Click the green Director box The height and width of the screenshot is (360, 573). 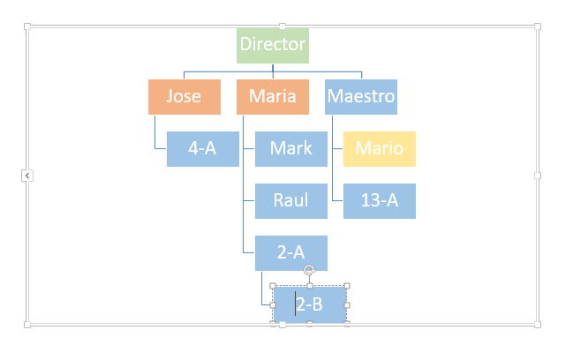(x=273, y=46)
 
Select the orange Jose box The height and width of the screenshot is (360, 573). (x=185, y=97)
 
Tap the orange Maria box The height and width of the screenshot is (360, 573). (x=273, y=97)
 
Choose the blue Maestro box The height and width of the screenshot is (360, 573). (x=361, y=97)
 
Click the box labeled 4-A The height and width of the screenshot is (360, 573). (x=203, y=149)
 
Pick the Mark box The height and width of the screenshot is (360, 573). (x=291, y=149)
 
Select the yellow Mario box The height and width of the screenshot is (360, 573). (x=380, y=149)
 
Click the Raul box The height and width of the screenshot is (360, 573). (x=291, y=201)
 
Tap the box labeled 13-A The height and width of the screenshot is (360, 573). (x=380, y=201)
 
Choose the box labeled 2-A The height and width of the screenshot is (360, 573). (x=291, y=253)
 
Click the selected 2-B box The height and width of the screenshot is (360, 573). (x=310, y=305)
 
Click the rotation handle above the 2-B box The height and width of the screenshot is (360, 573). (x=310, y=271)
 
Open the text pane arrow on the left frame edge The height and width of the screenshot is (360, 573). (x=27, y=176)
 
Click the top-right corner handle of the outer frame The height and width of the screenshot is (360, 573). (x=538, y=26)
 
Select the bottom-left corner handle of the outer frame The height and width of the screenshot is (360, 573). (x=27, y=325)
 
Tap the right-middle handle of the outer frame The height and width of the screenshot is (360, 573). (x=538, y=176)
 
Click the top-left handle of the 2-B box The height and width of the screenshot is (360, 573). (x=273, y=286)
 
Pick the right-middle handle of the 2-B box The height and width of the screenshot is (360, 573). (x=347, y=305)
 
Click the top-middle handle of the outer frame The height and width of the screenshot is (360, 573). (x=283, y=26)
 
